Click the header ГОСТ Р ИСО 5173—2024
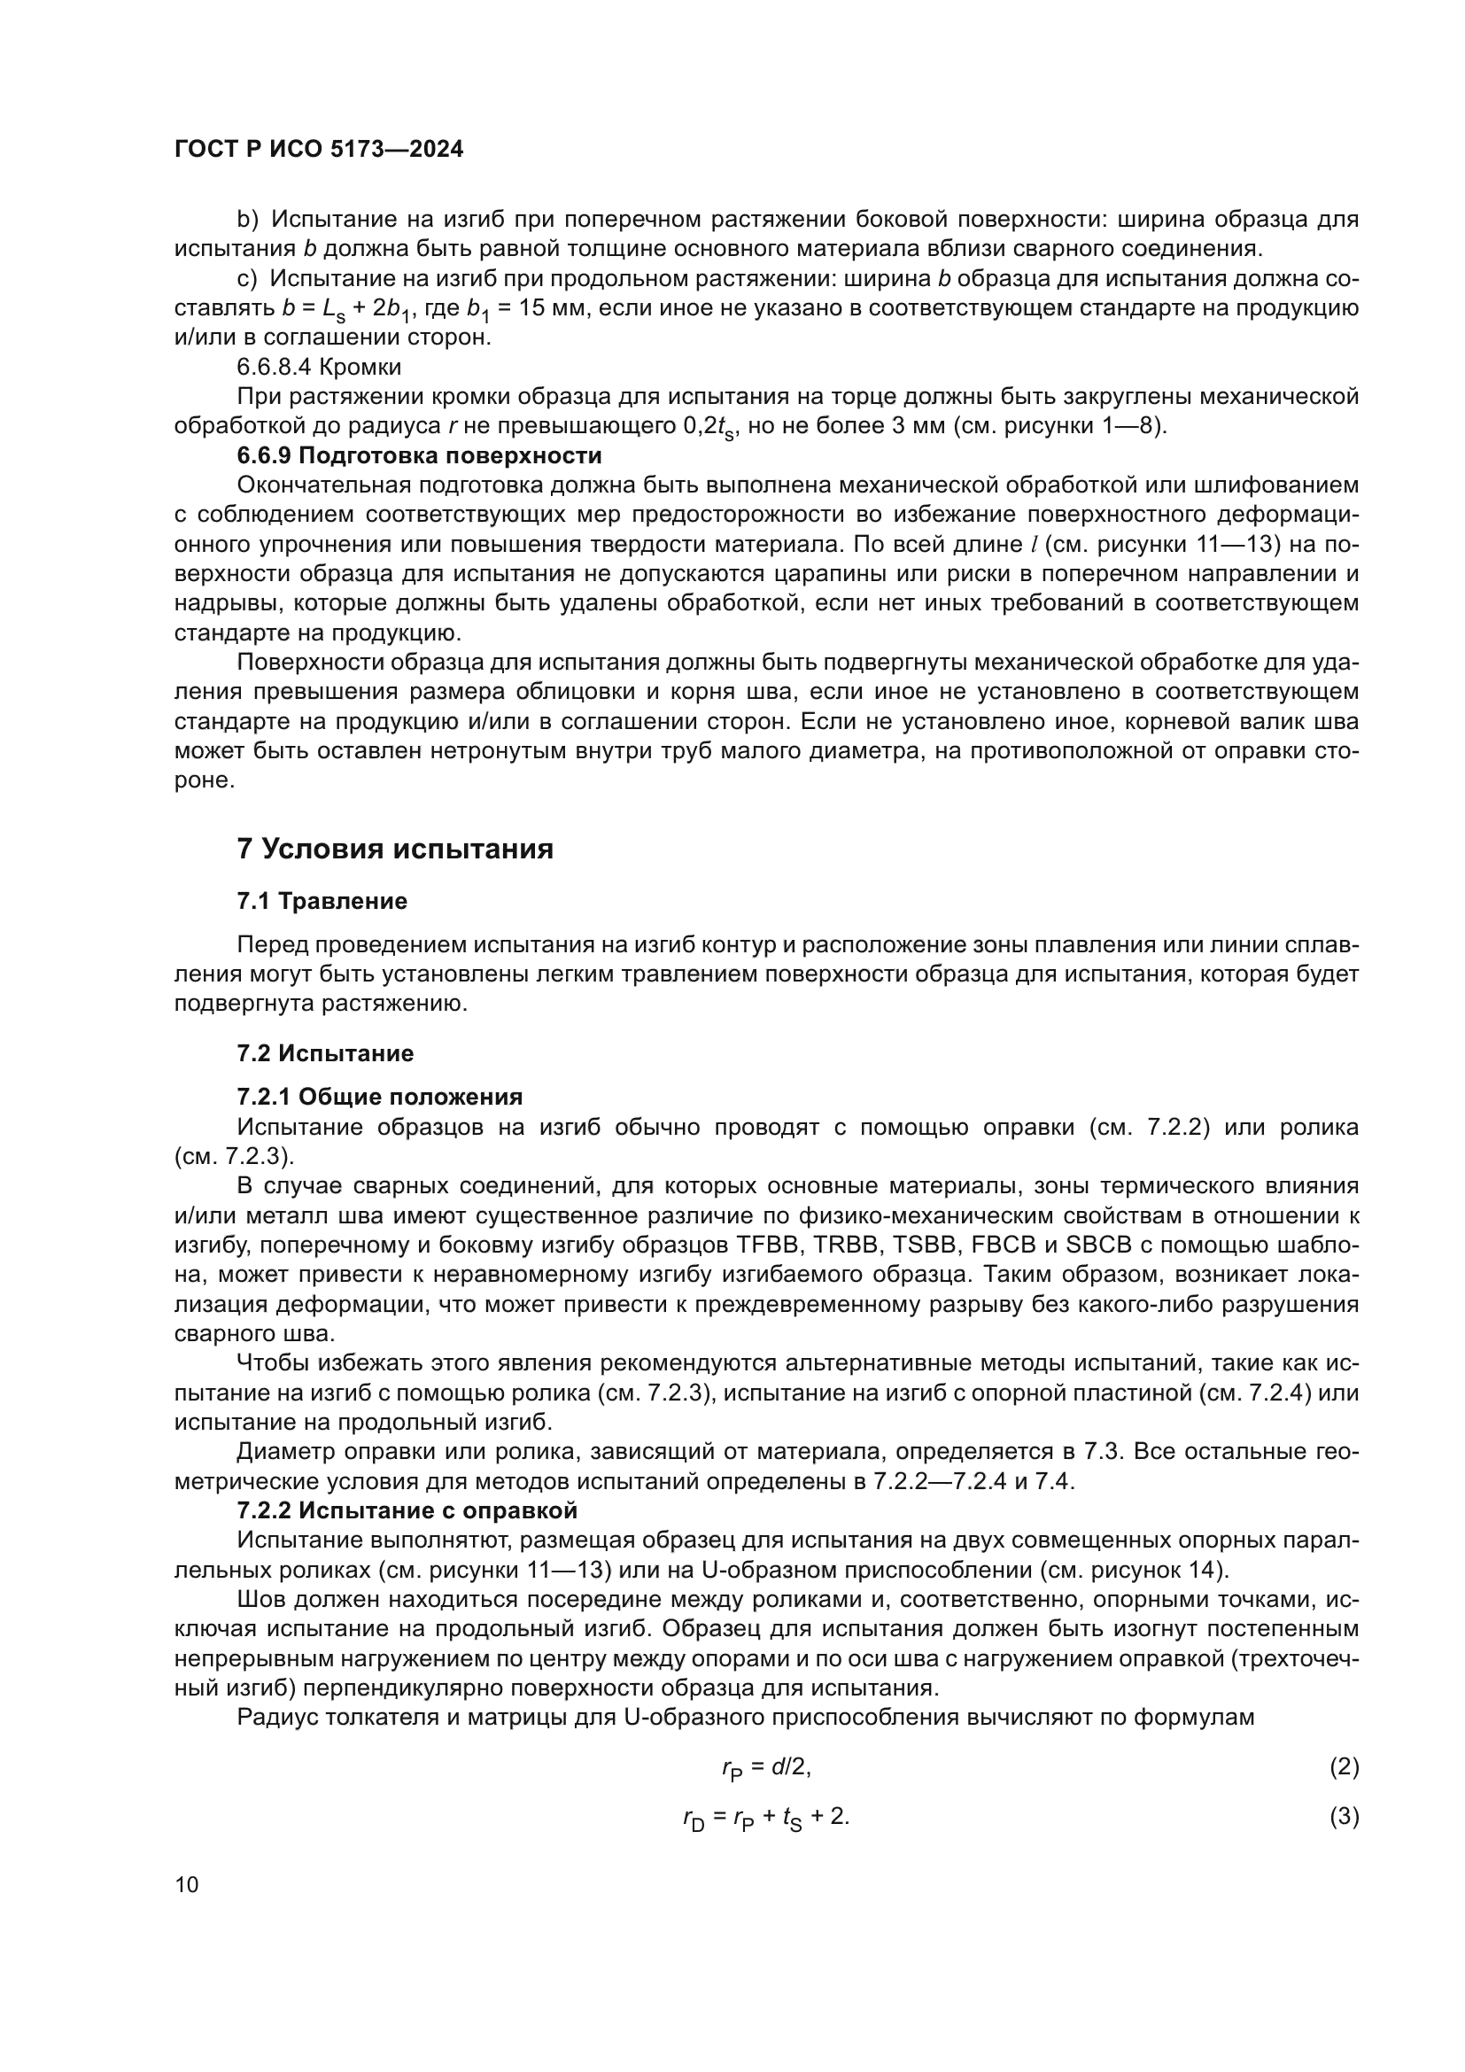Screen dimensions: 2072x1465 pyautogui.click(x=319, y=150)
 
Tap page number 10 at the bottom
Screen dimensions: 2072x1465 pyautogui.click(x=187, y=1884)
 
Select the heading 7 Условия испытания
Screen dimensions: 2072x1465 pyautogui.click(x=394, y=849)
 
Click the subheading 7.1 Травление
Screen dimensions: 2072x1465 pyautogui.click(x=322, y=901)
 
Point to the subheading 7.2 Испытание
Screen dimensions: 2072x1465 pyautogui.click(x=326, y=1052)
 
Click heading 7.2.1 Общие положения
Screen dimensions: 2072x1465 pyautogui.click(x=380, y=1097)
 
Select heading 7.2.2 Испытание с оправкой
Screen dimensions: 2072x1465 pyautogui.click(x=407, y=1509)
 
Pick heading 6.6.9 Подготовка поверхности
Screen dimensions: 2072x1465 pyautogui.click(x=419, y=454)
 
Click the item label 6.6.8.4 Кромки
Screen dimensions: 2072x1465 pyautogui.click(x=319, y=367)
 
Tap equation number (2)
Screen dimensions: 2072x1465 pyautogui.click(x=1344, y=1766)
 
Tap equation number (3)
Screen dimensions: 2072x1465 pyautogui.click(x=1344, y=1816)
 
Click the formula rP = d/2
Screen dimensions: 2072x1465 pyautogui.click(x=766, y=1768)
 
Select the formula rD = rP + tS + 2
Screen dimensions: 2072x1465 pyautogui.click(x=766, y=1818)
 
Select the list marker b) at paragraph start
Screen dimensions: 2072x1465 pyautogui.click(x=247, y=220)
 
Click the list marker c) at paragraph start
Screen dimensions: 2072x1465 pyautogui.click(x=246, y=279)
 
